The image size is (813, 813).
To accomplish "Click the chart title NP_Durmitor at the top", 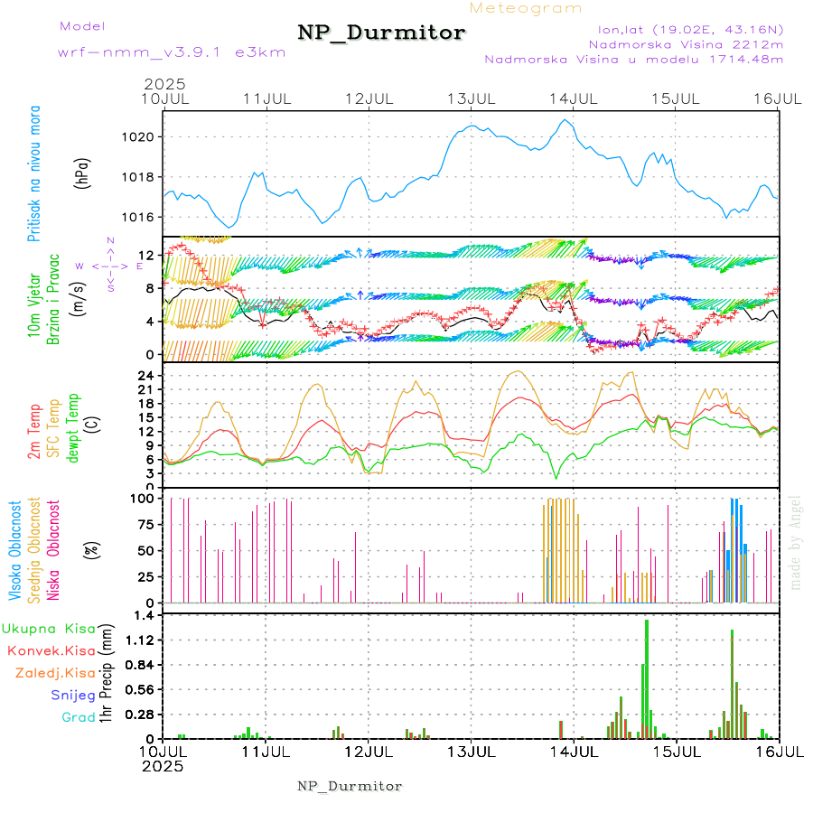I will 381,33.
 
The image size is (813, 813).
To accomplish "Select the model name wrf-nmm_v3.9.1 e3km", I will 172,52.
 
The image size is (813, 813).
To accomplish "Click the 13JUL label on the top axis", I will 473,98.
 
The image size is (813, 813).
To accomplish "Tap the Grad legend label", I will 79,717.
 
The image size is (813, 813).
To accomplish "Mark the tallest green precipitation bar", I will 647,677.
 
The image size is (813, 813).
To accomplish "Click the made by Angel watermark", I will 796,542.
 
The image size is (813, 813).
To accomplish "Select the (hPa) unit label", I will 82,171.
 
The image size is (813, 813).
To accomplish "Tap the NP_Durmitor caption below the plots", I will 350,786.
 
